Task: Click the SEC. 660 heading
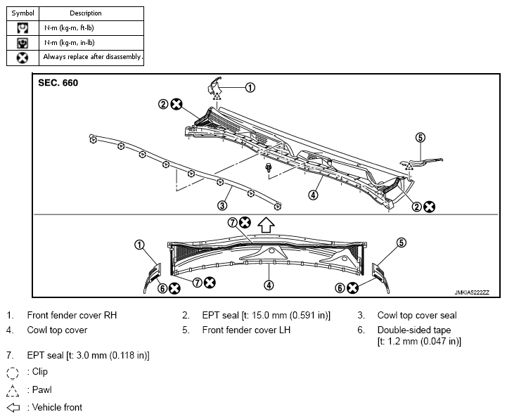(x=58, y=83)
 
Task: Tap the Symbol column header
(x=23, y=13)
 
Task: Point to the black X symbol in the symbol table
(x=23, y=58)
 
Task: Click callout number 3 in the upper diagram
(x=222, y=205)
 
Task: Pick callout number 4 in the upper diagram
(x=313, y=195)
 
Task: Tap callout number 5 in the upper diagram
(x=420, y=137)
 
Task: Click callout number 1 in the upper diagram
(x=250, y=87)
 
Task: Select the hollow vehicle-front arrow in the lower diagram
(x=266, y=225)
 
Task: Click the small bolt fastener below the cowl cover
(x=268, y=167)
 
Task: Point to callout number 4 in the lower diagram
(x=269, y=285)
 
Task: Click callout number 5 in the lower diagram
(x=401, y=243)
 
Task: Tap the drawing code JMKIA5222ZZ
(x=472, y=292)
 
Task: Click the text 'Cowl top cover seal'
(x=417, y=315)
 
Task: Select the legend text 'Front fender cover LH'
(x=246, y=330)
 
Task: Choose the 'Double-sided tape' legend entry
(x=414, y=330)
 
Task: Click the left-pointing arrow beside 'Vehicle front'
(x=13, y=408)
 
